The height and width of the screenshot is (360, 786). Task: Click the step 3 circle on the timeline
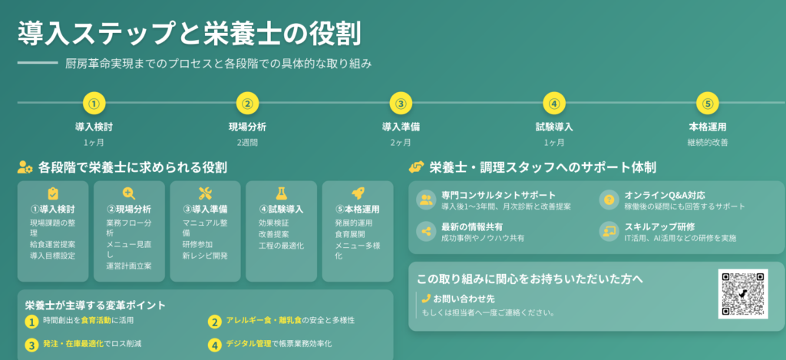[x=400, y=104]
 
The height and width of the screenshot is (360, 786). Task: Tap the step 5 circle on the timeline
[x=707, y=104]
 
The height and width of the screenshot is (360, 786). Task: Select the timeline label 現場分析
[x=247, y=127]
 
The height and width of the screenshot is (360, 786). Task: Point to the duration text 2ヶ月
[x=401, y=143]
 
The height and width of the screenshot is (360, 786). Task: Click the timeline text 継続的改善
[x=707, y=143]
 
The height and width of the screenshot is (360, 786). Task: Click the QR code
[x=743, y=294]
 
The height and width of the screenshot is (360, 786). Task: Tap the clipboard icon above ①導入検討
[x=53, y=193]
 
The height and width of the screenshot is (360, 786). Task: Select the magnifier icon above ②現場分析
[x=129, y=193]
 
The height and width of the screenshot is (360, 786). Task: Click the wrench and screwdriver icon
[x=205, y=193]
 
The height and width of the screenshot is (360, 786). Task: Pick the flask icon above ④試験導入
[x=281, y=193]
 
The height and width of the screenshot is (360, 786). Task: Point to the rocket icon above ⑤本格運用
[x=358, y=193]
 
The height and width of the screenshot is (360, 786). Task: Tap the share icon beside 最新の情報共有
[x=427, y=231]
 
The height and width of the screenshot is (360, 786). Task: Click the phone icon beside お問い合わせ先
[x=427, y=299]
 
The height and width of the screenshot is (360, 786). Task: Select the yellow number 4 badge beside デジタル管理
[x=215, y=345]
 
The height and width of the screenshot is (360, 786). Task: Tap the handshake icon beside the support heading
[x=417, y=167]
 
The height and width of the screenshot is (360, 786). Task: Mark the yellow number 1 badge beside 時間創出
[x=31, y=322]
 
